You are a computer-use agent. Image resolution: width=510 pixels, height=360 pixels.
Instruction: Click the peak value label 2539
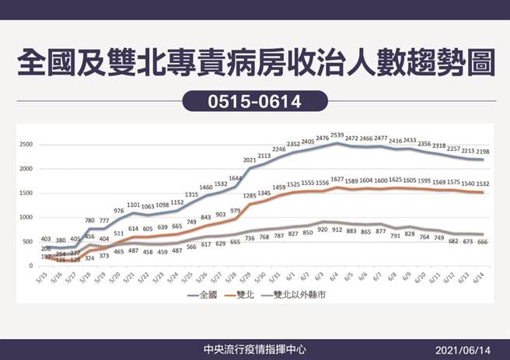pyautogui.click(x=337, y=135)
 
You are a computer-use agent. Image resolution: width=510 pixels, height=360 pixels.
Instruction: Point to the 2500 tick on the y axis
pyautogui.click(x=26, y=145)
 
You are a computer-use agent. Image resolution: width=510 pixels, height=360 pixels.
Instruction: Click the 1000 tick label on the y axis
pyautogui.click(x=26, y=218)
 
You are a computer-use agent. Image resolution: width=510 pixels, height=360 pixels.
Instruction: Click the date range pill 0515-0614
pyautogui.click(x=254, y=100)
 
